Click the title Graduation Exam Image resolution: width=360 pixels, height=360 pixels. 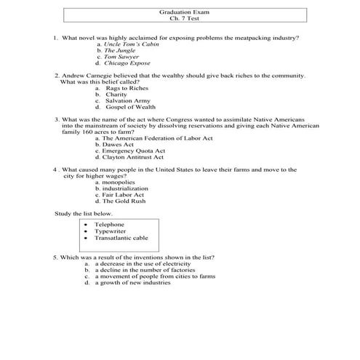(x=180, y=12)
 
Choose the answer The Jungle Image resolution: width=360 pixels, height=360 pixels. (x=119, y=50)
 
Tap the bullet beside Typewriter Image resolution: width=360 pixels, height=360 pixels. (x=86, y=231)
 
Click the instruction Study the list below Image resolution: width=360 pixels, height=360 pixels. (x=84, y=213)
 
